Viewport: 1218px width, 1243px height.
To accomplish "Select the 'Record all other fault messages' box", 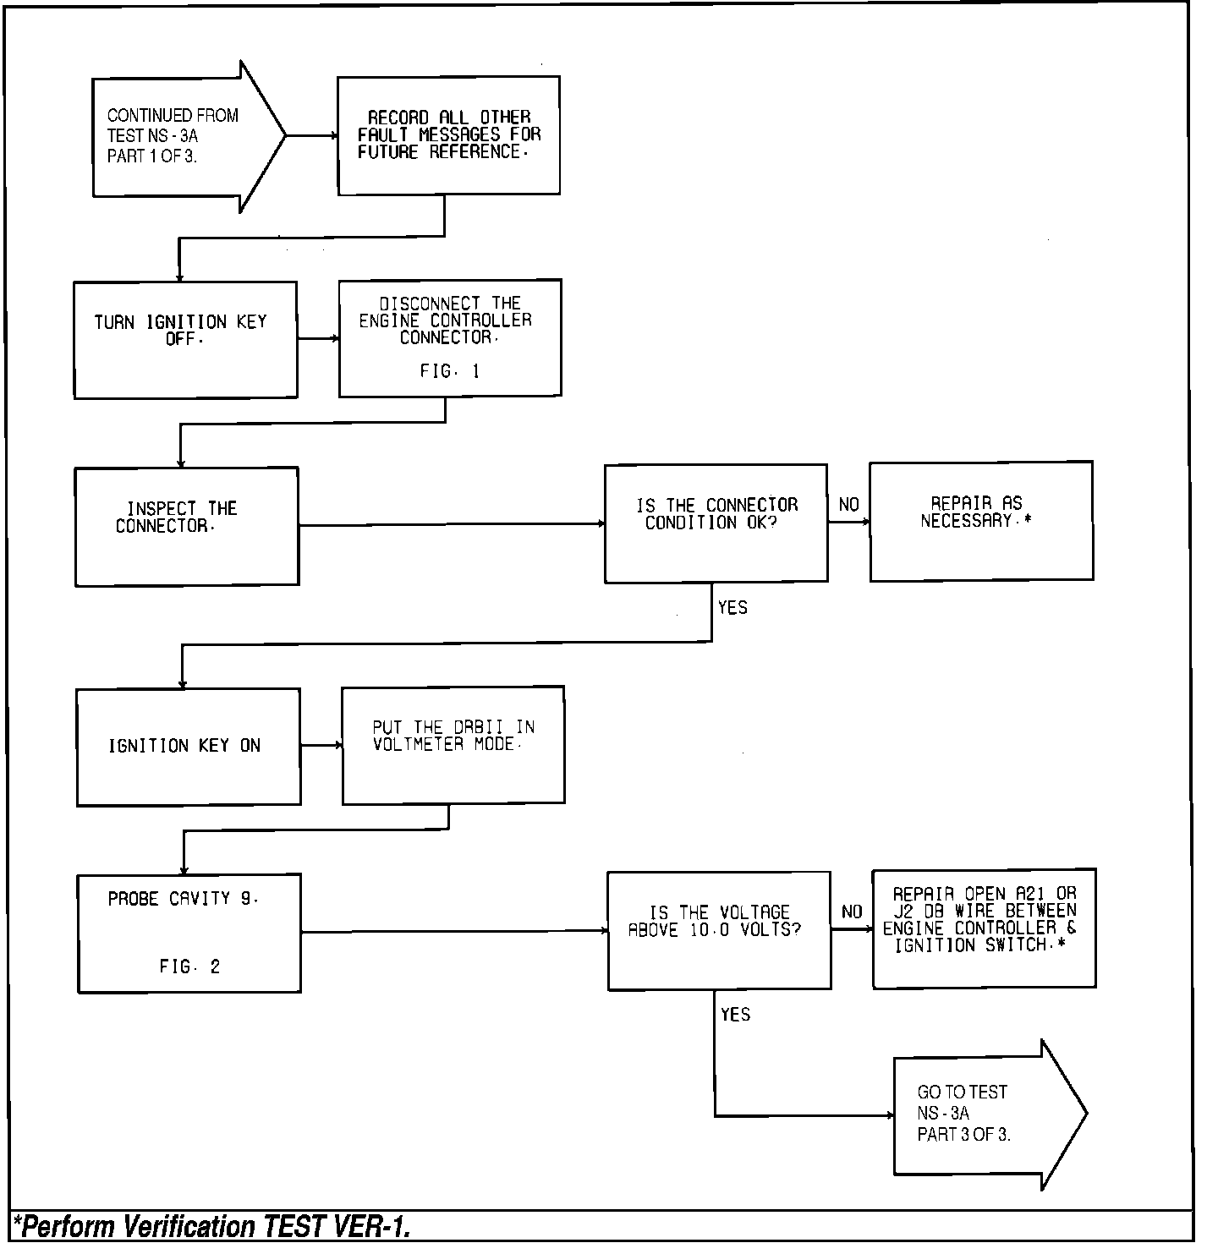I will (448, 135).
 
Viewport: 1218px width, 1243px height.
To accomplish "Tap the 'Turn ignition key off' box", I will (185, 339).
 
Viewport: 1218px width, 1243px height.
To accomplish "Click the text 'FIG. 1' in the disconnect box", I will (449, 371).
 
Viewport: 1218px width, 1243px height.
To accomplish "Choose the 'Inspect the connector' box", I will (187, 526).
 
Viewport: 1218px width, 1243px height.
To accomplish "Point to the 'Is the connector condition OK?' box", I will (716, 523).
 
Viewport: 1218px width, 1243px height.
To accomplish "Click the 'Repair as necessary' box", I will (981, 521).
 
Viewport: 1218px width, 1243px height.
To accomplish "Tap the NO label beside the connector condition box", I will (848, 505).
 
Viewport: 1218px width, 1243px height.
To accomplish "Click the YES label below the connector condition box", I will (732, 608).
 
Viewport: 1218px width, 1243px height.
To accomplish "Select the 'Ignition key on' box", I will (189, 746).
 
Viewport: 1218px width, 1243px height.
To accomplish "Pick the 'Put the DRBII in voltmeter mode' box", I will (453, 744).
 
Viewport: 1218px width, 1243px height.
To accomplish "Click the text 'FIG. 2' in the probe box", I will (189, 966).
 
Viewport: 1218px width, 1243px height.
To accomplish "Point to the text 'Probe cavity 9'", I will (183, 899).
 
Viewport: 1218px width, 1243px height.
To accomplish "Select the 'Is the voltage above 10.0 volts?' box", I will (719, 930).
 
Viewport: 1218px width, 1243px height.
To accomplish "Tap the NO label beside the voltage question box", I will (852, 912).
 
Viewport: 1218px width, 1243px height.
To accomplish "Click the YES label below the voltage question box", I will (735, 1015).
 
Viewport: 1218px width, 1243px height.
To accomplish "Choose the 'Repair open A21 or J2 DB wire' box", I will (984, 928).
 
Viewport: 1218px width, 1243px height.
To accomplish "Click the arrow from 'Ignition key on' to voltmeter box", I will (321, 745).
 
